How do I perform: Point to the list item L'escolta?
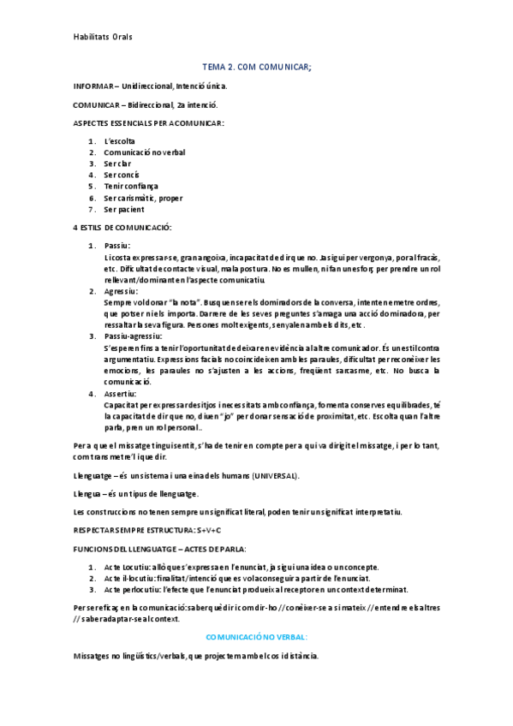coord(119,141)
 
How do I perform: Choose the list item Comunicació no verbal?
coord(145,152)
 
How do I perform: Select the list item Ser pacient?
coord(124,210)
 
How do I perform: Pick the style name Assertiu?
coord(124,394)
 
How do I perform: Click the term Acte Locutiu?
coord(127,568)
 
